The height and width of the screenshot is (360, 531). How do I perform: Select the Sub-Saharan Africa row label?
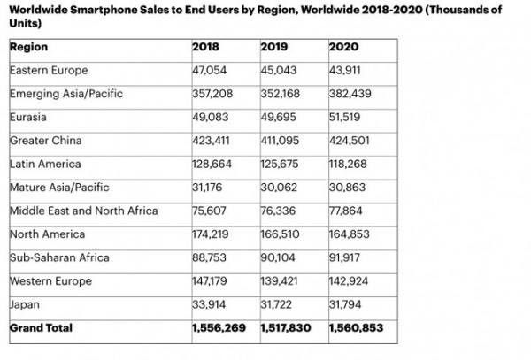[58, 257]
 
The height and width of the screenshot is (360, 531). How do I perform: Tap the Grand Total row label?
[40, 328]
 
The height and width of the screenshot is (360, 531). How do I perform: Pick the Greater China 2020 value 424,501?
[350, 140]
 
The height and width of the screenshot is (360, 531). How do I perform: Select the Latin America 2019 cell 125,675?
[281, 164]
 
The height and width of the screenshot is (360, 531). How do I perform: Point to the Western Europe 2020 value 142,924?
[350, 281]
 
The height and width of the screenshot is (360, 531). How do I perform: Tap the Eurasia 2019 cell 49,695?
[279, 117]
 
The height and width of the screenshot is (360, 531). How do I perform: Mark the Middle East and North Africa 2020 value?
[347, 211]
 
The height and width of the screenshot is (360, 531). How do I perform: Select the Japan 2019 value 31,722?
[278, 304]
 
